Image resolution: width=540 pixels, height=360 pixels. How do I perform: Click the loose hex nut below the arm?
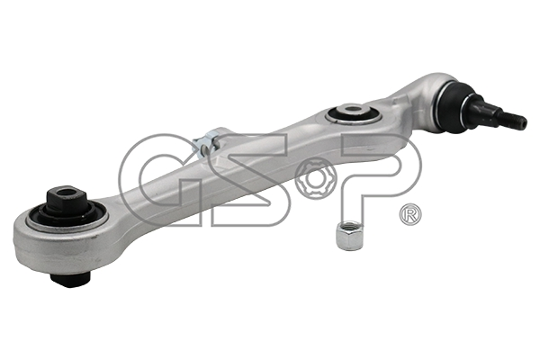(348, 236)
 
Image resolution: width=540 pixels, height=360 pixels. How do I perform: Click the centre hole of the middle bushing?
(352, 110)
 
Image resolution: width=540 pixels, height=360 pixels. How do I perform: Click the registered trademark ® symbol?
(410, 214)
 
